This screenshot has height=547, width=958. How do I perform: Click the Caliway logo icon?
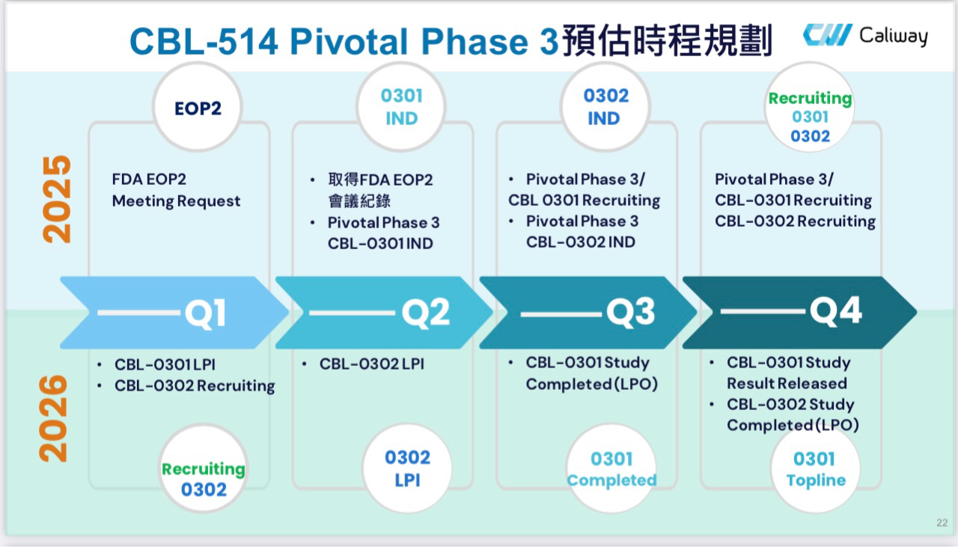(827, 35)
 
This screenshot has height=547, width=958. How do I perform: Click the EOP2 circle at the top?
(198, 108)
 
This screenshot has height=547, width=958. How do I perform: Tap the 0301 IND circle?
(401, 107)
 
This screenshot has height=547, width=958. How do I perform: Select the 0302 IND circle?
(605, 107)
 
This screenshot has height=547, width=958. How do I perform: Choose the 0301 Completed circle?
(611, 469)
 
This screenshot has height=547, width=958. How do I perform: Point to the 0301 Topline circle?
(815, 469)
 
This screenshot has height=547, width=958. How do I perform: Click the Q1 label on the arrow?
(205, 313)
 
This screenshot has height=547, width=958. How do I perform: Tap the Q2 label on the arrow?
(426, 313)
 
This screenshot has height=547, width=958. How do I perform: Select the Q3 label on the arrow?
(630, 313)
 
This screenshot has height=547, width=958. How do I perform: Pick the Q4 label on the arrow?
(835, 311)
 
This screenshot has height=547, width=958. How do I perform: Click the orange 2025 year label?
(57, 199)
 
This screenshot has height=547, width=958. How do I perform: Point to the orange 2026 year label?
(54, 418)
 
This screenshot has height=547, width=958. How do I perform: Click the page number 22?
(942, 522)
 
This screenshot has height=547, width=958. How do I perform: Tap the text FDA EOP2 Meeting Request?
(177, 190)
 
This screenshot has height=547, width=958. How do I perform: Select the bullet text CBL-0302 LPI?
(371, 364)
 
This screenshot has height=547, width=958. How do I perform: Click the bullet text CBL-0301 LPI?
(165, 365)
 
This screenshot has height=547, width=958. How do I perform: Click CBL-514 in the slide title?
(204, 41)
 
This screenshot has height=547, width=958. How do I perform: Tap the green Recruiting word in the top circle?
(810, 99)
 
